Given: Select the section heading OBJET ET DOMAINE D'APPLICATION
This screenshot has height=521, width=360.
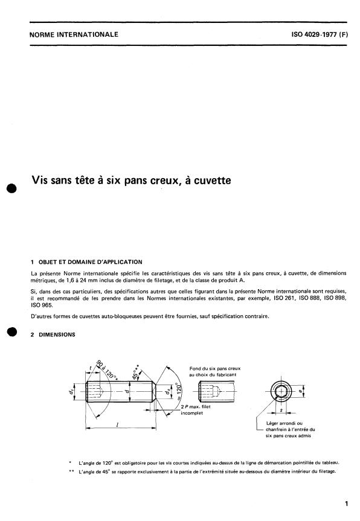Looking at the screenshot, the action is point(89,262).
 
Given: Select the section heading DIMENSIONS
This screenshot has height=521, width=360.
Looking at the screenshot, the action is point(56,335).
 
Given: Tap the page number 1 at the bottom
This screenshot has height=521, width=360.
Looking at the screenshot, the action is point(347,502).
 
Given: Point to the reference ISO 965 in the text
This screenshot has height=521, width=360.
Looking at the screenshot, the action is point(40,305).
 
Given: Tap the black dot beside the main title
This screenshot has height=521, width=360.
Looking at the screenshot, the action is point(10,188).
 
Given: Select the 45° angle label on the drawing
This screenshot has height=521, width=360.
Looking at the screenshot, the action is point(138,369).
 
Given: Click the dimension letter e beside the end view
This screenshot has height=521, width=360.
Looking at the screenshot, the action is point(300,391).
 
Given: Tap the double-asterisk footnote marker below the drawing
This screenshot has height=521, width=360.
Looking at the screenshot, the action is point(72,471).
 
